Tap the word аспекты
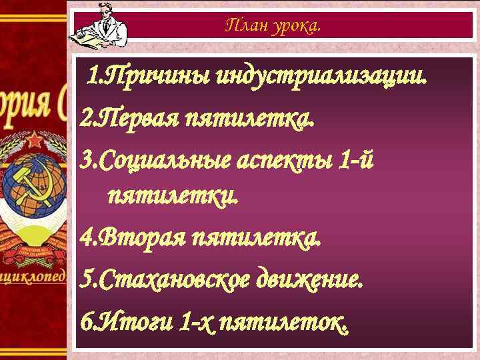pos(289,159)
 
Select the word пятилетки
pos(172,197)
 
